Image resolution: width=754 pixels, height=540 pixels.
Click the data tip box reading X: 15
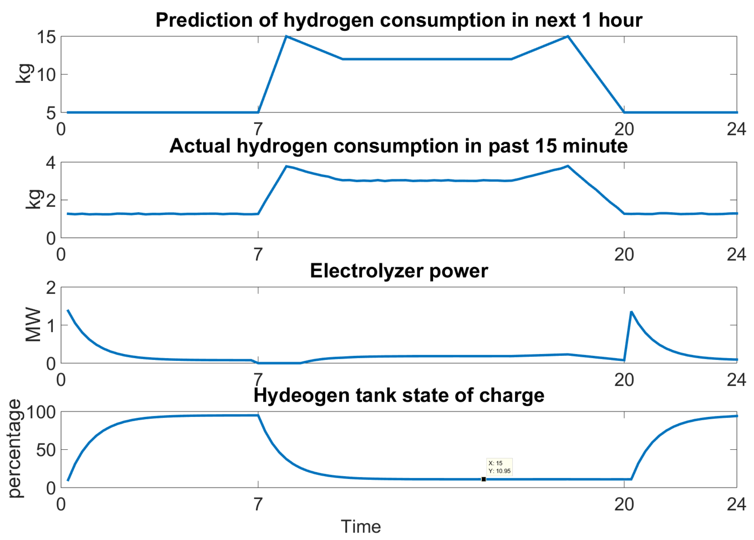point(499,467)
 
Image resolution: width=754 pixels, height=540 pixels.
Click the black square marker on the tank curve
point(484,479)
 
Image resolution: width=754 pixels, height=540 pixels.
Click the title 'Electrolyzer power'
point(399,271)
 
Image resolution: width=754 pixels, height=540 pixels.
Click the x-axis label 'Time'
point(361,526)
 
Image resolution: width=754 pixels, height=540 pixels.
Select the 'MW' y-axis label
point(33,325)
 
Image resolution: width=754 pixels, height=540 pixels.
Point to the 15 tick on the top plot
point(46,37)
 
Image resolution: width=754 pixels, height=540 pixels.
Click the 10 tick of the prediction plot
point(46,75)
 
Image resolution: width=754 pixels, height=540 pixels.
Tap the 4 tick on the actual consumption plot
point(51,163)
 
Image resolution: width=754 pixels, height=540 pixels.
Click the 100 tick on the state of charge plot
point(41,412)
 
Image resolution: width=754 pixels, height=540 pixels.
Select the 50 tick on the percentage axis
point(46,450)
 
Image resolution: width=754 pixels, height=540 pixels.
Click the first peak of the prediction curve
point(286,36)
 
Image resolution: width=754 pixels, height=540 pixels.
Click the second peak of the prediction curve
point(568,36)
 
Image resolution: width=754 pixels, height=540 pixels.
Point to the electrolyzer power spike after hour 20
point(632,312)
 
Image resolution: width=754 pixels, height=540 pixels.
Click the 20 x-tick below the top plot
point(624,129)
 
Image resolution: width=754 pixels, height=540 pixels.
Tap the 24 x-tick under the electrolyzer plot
point(736,380)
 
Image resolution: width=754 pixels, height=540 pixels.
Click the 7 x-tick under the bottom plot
point(258,504)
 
